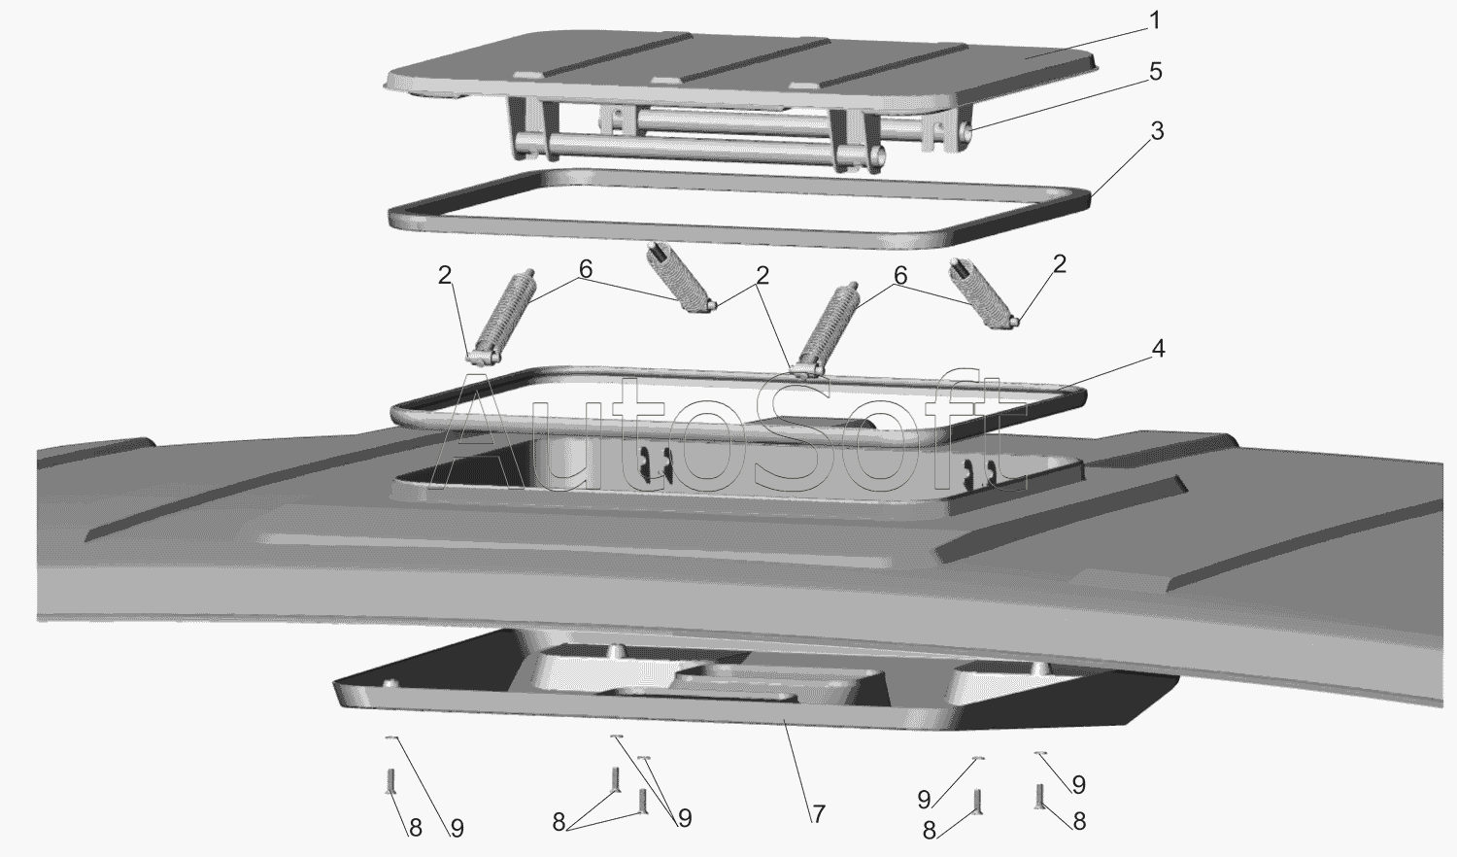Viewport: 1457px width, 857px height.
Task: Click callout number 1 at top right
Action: click(1155, 20)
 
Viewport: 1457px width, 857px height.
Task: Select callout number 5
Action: click(1155, 72)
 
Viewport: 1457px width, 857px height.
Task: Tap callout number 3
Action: click(1157, 131)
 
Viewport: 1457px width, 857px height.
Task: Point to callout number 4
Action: click(1158, 349)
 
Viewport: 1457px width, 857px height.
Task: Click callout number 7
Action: click(818, 814)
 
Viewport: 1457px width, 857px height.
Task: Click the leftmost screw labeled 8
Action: click(390, 780)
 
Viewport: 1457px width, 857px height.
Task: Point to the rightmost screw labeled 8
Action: click(1038, 797)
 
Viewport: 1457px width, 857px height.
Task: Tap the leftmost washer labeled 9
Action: click(390, 737)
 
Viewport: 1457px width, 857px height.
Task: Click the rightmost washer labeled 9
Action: click(1040, 754)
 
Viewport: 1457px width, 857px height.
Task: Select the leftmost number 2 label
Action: click(444, 275)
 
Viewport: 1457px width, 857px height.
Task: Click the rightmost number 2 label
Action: click(1060, 263)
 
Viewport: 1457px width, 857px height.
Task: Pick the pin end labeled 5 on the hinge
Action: click(967, 133)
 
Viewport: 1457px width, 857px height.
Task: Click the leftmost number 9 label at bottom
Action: click(457, 829)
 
